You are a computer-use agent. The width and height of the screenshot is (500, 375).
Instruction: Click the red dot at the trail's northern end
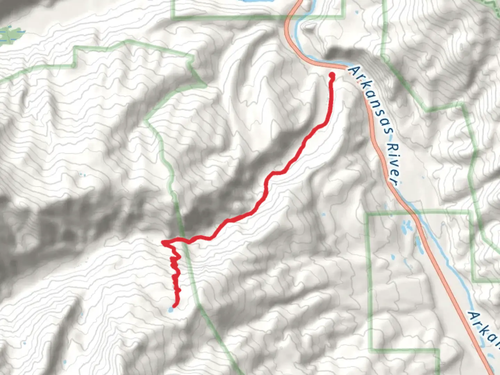pyautogui.click(x=332, y=75)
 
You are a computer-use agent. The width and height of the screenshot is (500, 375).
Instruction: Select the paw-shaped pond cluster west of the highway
pyautogui.click(x=406, y=227)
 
